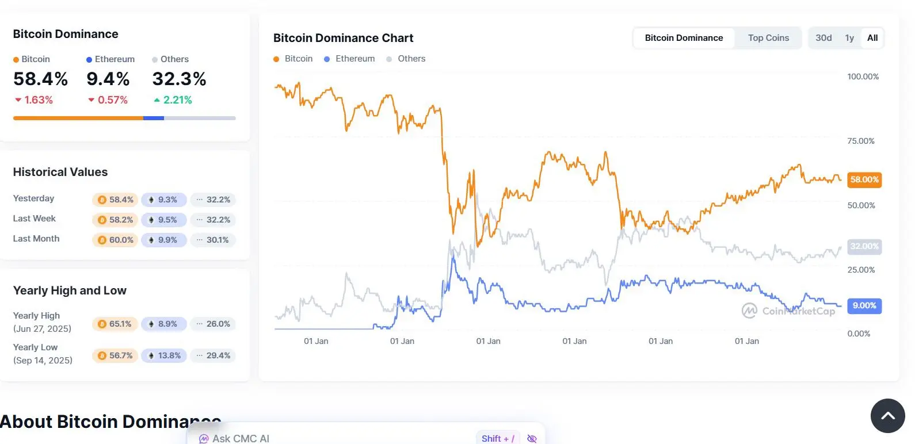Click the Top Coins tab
pyautogui.click(x=768, y=38)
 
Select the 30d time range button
pyautogui.click(x=823, y=38)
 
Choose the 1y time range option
pyautogui.click(x=849, y=38)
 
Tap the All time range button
pyautogui.click(x=872, y=38)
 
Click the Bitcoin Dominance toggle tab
pyautogui.click(x=684, y=38)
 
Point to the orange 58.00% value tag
pyautogui.click(x=864, y=179)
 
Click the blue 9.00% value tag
pyautogui.click(x=864, y=305)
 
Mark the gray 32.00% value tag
pyautogui.click(x=864, y=246)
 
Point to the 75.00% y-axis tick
pyautogui.click(x=861, y=141)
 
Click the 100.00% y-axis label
pyautogui.click(x=863, y=76)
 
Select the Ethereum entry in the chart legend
pyautogui.click(x=349, y=59)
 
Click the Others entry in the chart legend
pyautogui.click(x=406, y=59)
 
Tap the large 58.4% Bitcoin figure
pyautogui.click(x=40, y=79)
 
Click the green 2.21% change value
pyautogui.click(x=173, y=100)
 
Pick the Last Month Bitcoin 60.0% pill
pyautogui.click(x=115, y=240)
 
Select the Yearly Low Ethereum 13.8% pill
pyautogui.click(x=164, y=355)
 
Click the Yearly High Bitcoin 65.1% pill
pyautogui.click(x=115, y=324)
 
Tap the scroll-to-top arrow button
pyautogui.click(x=887, y=416)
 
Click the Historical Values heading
pyautogui.click(x=60, y=172)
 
